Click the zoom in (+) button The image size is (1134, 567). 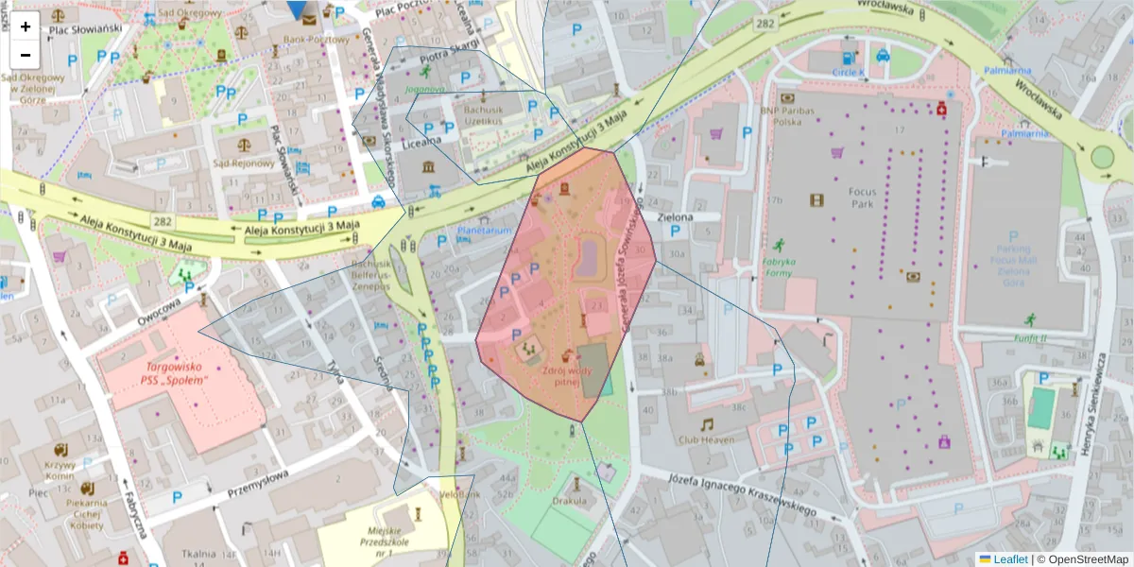click(x=26, y=26)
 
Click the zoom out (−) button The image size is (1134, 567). click(x=26, y=54)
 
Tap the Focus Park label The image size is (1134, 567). click(x=861, y=198)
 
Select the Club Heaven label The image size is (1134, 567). click(x=706, y=439)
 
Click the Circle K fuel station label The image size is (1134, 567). click(x=849, y=72)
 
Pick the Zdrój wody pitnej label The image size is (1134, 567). click(x=567, y=377)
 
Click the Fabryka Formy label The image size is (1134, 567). click(x=780, y=266)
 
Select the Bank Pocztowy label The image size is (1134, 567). click(x=304, y=40)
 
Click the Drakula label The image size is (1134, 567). click(x=571, y=501)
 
